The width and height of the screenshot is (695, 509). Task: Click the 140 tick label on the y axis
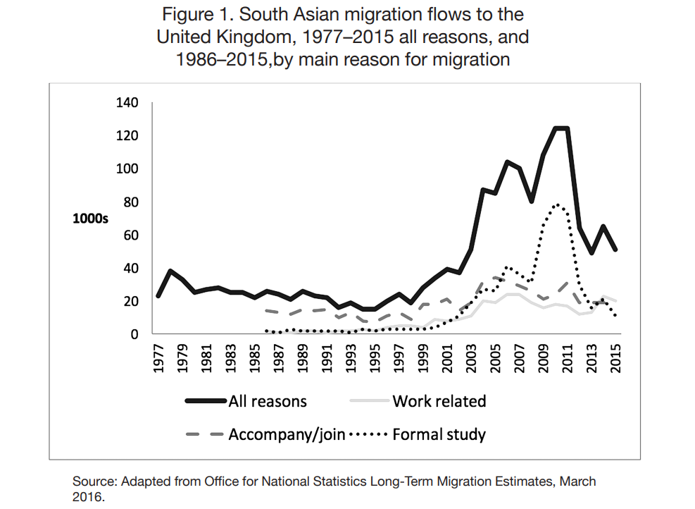click(x=129, y=103)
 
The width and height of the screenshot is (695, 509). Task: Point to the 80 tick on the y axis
click(x=132, y=202)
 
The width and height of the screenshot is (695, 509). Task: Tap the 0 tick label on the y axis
click(x=136, y=334)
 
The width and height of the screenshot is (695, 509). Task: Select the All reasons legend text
click(x=268, y=401)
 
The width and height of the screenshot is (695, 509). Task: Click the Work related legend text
click(x=439, y=401)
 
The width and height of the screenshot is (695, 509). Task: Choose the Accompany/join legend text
click(x=287, y=434)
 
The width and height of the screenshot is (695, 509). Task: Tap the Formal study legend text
click(x=439, y=434)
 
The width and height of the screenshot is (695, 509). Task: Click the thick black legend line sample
click(x=206, y=401)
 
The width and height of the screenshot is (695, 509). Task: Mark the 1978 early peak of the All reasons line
click(x=170, y=271)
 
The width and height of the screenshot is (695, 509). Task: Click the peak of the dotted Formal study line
click(x=558, y=204)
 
